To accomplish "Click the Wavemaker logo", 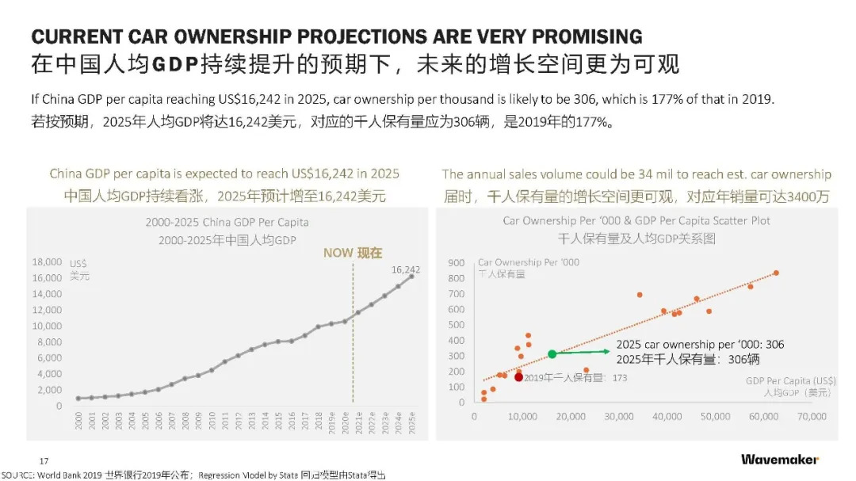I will click(x=780, y=460).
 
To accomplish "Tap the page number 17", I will click(x=44, y=460).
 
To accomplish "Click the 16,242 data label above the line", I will click(x=406, y=269).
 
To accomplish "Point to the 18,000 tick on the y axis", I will click(x=47, y=261).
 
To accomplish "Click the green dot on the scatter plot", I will click(x=552, y=354).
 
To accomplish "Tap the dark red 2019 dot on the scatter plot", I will click(x=519, y=377).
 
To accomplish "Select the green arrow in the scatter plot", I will click(x=583, y=352).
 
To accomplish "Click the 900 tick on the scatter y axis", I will click(x=456, y=262).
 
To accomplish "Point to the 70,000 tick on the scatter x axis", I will click(x=811, y=416).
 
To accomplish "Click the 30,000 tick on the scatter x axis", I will click(x=618, y=416).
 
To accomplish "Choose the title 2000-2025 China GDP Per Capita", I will click(x=227, y=222).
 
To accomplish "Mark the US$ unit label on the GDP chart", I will click(x=78, y=263).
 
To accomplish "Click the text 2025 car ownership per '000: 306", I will click(x=700, y=345).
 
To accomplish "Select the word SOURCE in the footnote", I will click(x=17, y=475).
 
